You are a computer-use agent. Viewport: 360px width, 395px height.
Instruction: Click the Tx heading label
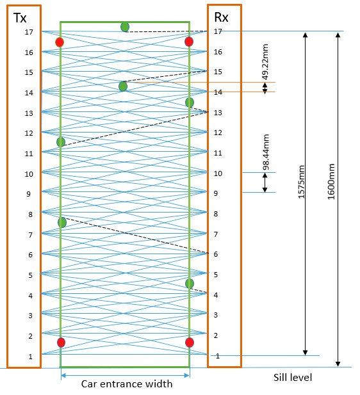20,18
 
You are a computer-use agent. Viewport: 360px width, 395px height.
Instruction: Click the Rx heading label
221,17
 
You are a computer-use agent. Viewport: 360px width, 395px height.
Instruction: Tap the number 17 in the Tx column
29,32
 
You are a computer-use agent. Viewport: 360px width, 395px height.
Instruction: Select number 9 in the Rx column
216,193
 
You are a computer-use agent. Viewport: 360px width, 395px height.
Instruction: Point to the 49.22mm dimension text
265,61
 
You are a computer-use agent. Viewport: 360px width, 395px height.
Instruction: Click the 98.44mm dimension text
266,152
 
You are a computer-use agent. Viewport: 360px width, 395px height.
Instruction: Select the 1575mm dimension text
301,182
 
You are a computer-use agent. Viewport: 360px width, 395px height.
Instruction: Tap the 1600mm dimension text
331,181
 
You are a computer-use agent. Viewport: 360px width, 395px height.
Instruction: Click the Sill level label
293,377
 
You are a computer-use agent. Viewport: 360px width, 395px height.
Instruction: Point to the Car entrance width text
127,383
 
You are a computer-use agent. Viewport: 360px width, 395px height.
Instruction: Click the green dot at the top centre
125,27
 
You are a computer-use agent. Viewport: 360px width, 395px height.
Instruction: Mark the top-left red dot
60,42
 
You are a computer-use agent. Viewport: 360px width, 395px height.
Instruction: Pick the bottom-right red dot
190,343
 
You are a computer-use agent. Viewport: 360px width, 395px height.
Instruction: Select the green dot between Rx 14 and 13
190,102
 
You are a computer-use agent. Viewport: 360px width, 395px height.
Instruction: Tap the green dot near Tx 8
62,222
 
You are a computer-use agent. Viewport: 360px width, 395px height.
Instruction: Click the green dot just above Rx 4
190,284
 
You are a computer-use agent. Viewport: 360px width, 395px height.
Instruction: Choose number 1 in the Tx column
31,357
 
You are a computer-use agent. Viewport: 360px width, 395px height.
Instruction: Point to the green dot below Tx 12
61,142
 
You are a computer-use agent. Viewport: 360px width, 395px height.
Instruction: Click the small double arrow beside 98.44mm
265,182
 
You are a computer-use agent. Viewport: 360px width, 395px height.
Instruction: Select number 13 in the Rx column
218,113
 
